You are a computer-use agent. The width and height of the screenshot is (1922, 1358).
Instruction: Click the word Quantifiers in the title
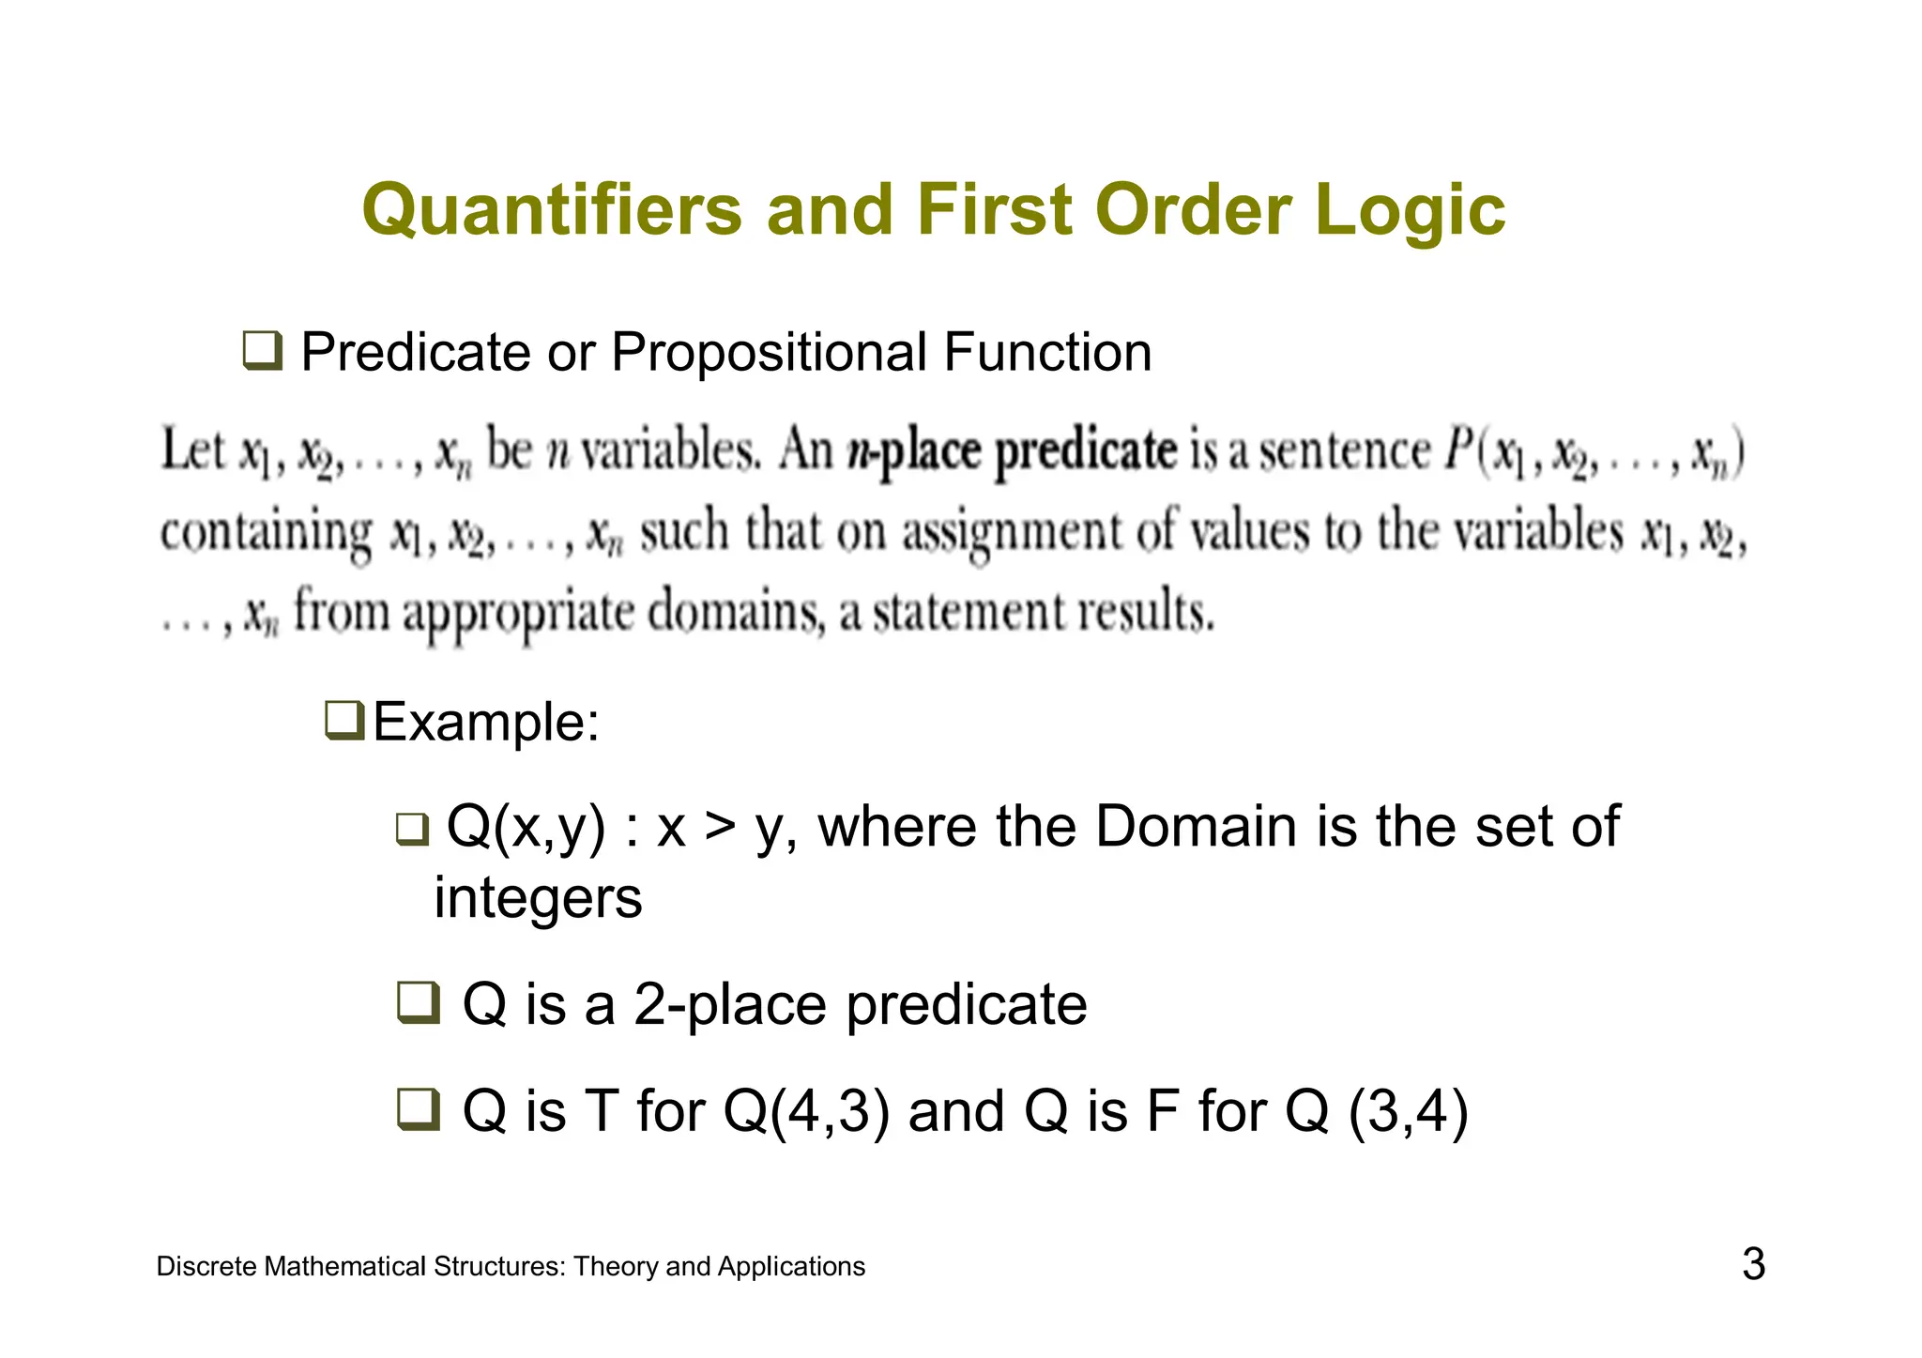click(x=552, y=210)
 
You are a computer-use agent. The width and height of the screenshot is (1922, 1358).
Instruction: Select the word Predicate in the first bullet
click(x=416, y=353)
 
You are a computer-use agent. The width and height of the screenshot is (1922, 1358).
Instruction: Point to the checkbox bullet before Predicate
click(x=262, y=351)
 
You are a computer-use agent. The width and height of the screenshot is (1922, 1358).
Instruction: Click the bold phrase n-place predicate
click(x=1011, y=450)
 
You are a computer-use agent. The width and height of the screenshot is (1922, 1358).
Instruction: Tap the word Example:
click(x=486, y=723)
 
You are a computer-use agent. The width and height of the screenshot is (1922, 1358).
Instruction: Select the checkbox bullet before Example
click(x=343, y=720)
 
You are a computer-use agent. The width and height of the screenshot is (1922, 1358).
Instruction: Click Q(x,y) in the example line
click(x=526, y=828)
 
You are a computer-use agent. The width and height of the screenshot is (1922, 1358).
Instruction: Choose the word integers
click(x=538, y=898)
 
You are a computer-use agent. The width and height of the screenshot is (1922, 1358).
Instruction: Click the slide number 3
click(x=1753, y=1264)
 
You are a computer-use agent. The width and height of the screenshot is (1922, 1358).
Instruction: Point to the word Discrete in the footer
click(x=206, y=1267)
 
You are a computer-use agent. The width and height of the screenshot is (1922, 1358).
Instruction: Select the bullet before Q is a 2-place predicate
click(x=417, y=1002)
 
